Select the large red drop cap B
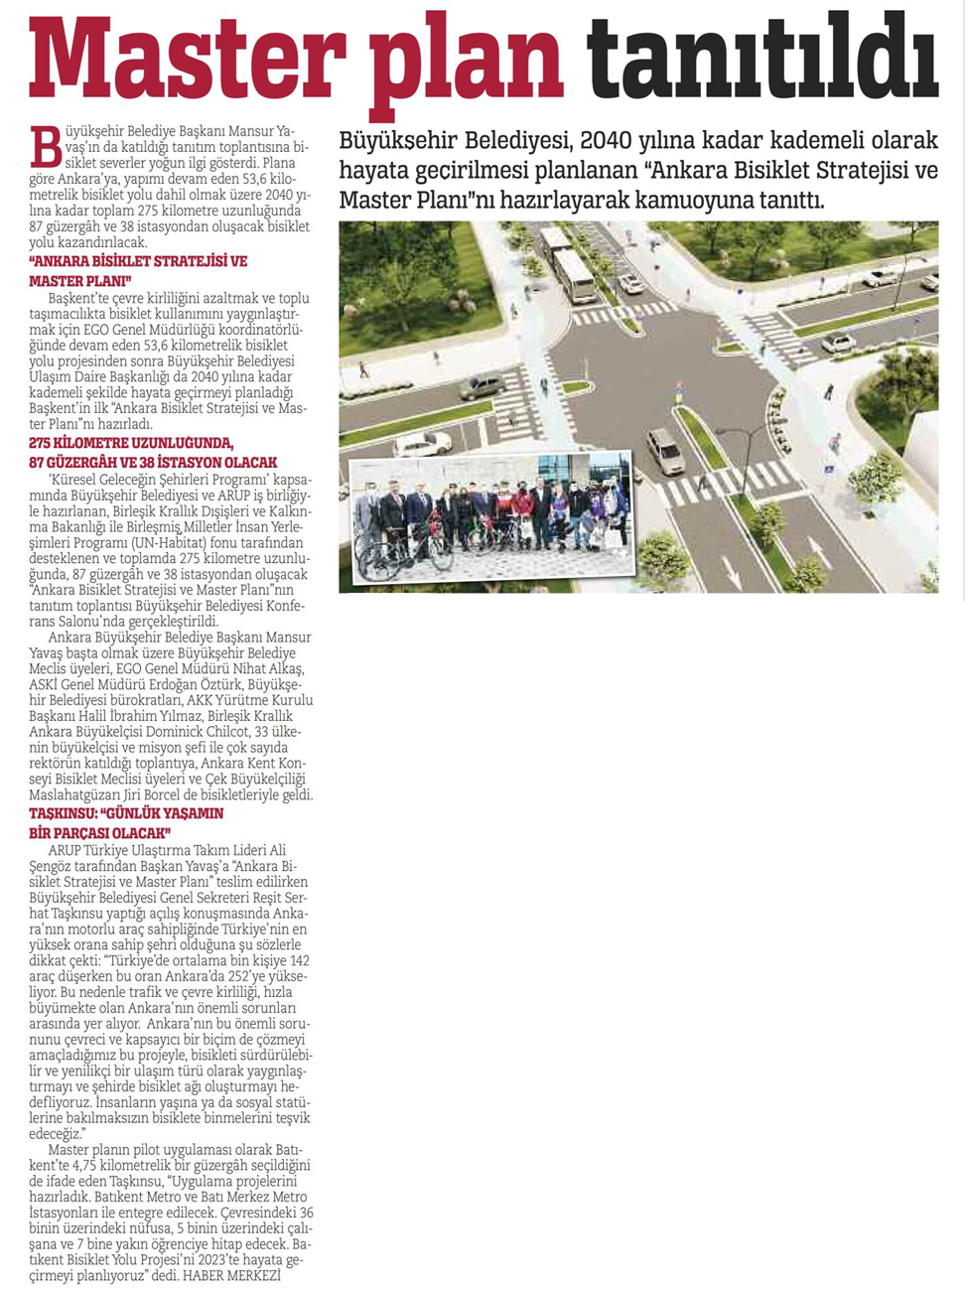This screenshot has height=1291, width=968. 45,147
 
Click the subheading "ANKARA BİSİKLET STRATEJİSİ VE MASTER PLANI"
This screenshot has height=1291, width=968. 138,271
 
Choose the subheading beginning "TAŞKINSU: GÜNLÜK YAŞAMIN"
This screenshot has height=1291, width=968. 126,823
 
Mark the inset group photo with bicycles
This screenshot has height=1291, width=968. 492,517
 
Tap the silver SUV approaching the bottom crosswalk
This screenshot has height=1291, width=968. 665,450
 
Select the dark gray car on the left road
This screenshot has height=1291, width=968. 483,386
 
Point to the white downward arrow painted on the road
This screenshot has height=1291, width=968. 732,570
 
